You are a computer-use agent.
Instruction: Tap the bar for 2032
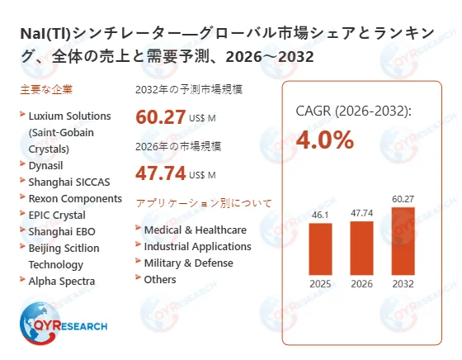402,241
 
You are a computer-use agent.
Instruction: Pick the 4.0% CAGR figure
325,140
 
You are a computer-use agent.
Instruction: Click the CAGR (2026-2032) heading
354,111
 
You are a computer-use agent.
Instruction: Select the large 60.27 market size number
162,117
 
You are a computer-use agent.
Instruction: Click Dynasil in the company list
47,164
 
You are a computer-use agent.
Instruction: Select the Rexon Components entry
75,198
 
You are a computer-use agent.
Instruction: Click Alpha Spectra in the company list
62,281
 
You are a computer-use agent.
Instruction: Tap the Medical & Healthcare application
195,230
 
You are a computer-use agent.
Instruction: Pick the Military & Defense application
188,263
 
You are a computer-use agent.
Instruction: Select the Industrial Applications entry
197,246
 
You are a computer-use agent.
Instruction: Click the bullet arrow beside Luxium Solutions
21,115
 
